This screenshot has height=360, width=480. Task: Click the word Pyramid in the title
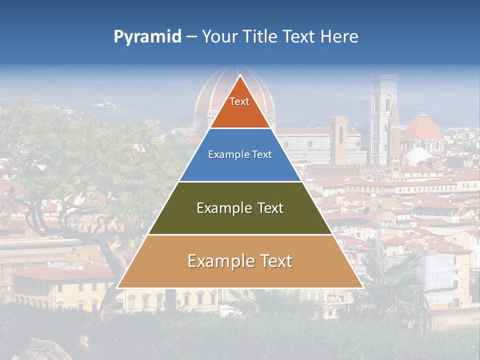pos(147,37)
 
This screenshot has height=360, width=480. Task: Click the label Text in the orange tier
pos(239,101)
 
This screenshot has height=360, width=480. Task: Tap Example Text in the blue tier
pos(240,154)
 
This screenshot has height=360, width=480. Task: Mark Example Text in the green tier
pos(240,208)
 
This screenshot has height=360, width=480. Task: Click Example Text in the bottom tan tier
pos(240,261)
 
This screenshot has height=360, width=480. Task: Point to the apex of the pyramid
pos(240,76)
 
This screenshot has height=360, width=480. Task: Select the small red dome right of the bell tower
pos(422,129)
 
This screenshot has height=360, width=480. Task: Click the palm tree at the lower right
pos(395,290)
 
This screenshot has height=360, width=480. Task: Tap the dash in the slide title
pos(191,37)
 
